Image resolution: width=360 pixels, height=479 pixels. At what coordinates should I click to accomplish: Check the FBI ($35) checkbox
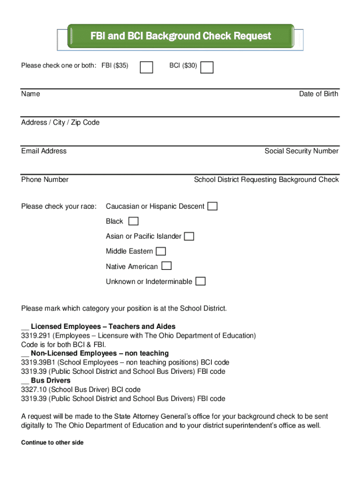tap(146, 67)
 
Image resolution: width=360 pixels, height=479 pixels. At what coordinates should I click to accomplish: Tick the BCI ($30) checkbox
tap(207, 67)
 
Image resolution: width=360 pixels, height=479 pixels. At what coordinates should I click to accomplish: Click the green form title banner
tap(180, 36)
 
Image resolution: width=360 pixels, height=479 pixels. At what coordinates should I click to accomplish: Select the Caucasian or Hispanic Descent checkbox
tap(213, 206)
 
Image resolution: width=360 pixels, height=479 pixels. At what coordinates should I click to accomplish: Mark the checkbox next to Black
tap(133, 221)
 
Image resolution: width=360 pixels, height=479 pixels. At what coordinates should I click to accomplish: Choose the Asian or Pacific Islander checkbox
tap(189, 236)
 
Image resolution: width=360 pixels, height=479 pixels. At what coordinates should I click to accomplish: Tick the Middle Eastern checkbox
tap(161, 251)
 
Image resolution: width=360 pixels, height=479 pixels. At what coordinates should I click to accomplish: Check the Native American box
tap(166, 266)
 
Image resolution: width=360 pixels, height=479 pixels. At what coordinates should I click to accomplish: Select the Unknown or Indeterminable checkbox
tap(200, 281)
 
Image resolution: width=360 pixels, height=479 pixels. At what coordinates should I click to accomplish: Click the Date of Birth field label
tap(318, 94)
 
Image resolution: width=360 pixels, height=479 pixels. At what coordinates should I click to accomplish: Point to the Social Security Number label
tap(301, 151)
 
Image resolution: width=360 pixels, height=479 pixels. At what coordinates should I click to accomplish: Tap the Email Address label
tap(44, 151)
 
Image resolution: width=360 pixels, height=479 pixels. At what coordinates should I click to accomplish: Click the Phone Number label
tap(45, 180)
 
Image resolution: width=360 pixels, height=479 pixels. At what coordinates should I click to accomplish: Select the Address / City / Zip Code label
tap(60, 123)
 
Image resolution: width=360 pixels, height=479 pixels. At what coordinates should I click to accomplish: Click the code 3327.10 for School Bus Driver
tap(34, 390)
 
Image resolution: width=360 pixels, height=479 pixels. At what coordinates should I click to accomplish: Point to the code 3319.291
tap(36, 336)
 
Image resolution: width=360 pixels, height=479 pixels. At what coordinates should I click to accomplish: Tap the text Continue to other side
tap(52, 443)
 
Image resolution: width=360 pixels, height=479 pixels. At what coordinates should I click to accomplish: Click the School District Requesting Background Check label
tap(266, 180)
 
